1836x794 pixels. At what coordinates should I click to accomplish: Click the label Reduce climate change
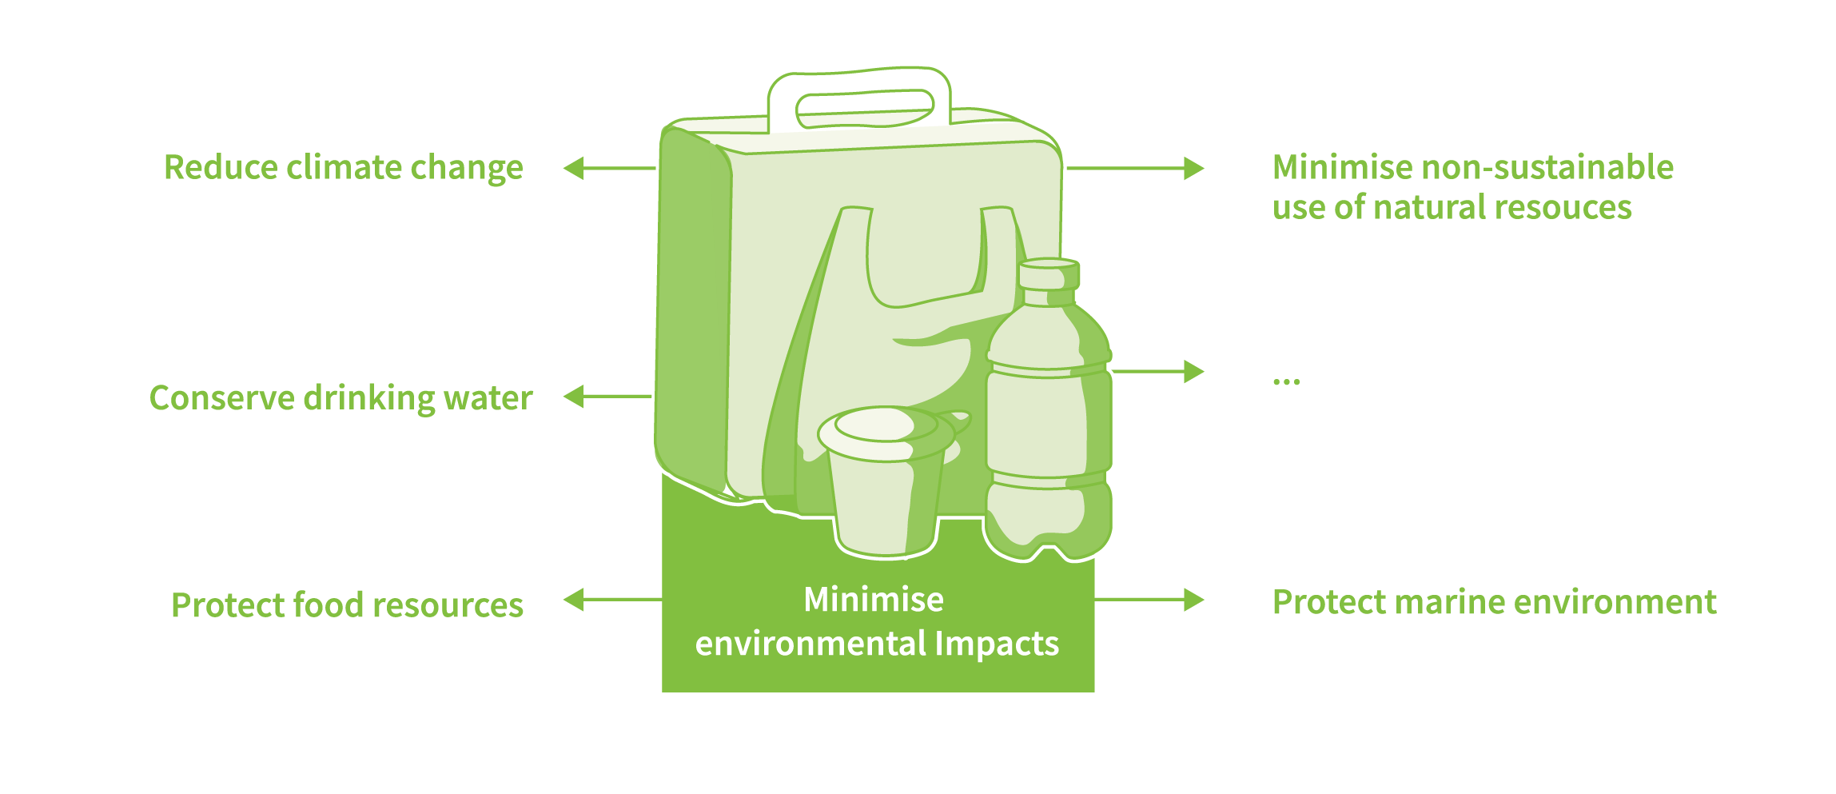(344, 168)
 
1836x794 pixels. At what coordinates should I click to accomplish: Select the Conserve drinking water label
(341, 398)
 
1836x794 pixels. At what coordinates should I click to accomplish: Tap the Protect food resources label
(348, 605)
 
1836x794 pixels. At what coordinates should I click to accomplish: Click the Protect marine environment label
(1494, 602)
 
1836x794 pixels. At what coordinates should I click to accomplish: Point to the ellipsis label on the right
(1287, 381)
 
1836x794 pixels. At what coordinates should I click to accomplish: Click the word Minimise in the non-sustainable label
(1343, 167)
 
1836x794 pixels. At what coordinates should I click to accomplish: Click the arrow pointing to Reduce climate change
(610, 168)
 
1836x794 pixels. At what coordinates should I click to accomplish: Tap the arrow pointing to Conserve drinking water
(608, 396)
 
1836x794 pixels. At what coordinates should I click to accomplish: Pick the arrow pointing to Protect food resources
(613, 600)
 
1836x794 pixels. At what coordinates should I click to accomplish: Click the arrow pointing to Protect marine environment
(1149, 600)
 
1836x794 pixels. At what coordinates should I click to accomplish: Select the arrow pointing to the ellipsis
(1158, 372)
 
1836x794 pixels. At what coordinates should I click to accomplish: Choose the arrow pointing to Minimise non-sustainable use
(1136, 168)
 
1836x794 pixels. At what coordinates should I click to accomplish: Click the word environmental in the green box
(811, 644)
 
